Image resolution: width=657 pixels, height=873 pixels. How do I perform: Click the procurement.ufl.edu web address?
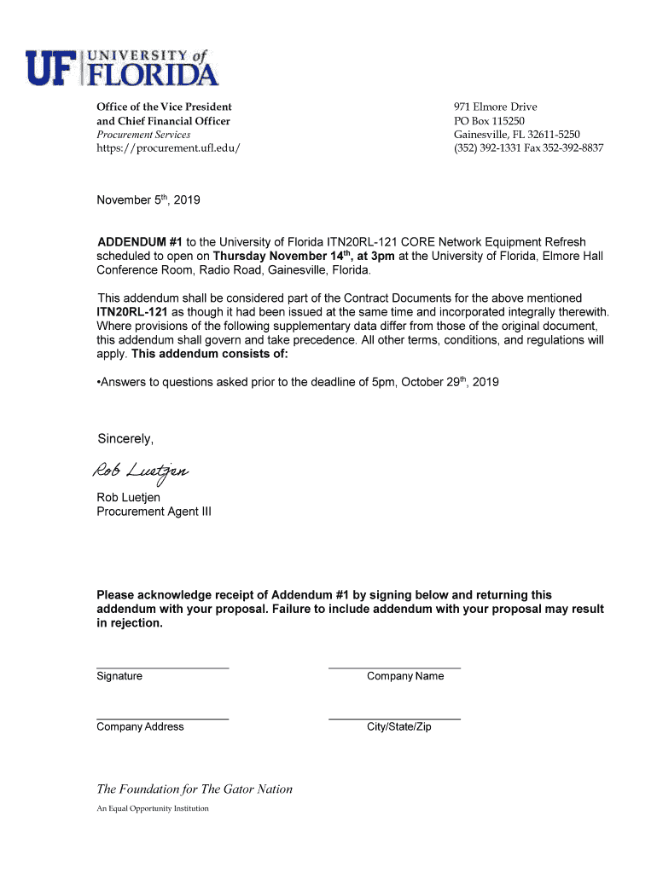pyautogui.click(x=168, y=148)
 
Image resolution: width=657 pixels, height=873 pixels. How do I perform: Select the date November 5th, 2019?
pyautogui.click(x=148, y=201)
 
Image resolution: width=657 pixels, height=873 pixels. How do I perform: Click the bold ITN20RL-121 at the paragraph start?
pyautogui.click(x=133, y=312)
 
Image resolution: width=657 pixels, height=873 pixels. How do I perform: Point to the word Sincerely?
pyautogui.click(x=125, y=440)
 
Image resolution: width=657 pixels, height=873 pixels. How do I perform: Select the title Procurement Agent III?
pyautogui.click(x=154, y=512)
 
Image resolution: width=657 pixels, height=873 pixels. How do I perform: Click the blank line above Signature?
pyautogui.click(x=162, y=667)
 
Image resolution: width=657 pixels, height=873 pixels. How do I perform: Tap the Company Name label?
pyautogui.click(x=405, y=676)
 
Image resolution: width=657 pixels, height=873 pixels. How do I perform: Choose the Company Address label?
pyautogui.click(x=140, y=727)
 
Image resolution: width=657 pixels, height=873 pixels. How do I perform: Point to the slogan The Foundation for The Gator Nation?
pyautogui.click(x=195, y=789)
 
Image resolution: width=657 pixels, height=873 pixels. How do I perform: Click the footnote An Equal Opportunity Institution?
pyautogui.click(x=153, y=808)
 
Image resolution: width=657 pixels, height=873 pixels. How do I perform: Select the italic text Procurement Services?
pyautogui.click(x=143, y=135)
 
